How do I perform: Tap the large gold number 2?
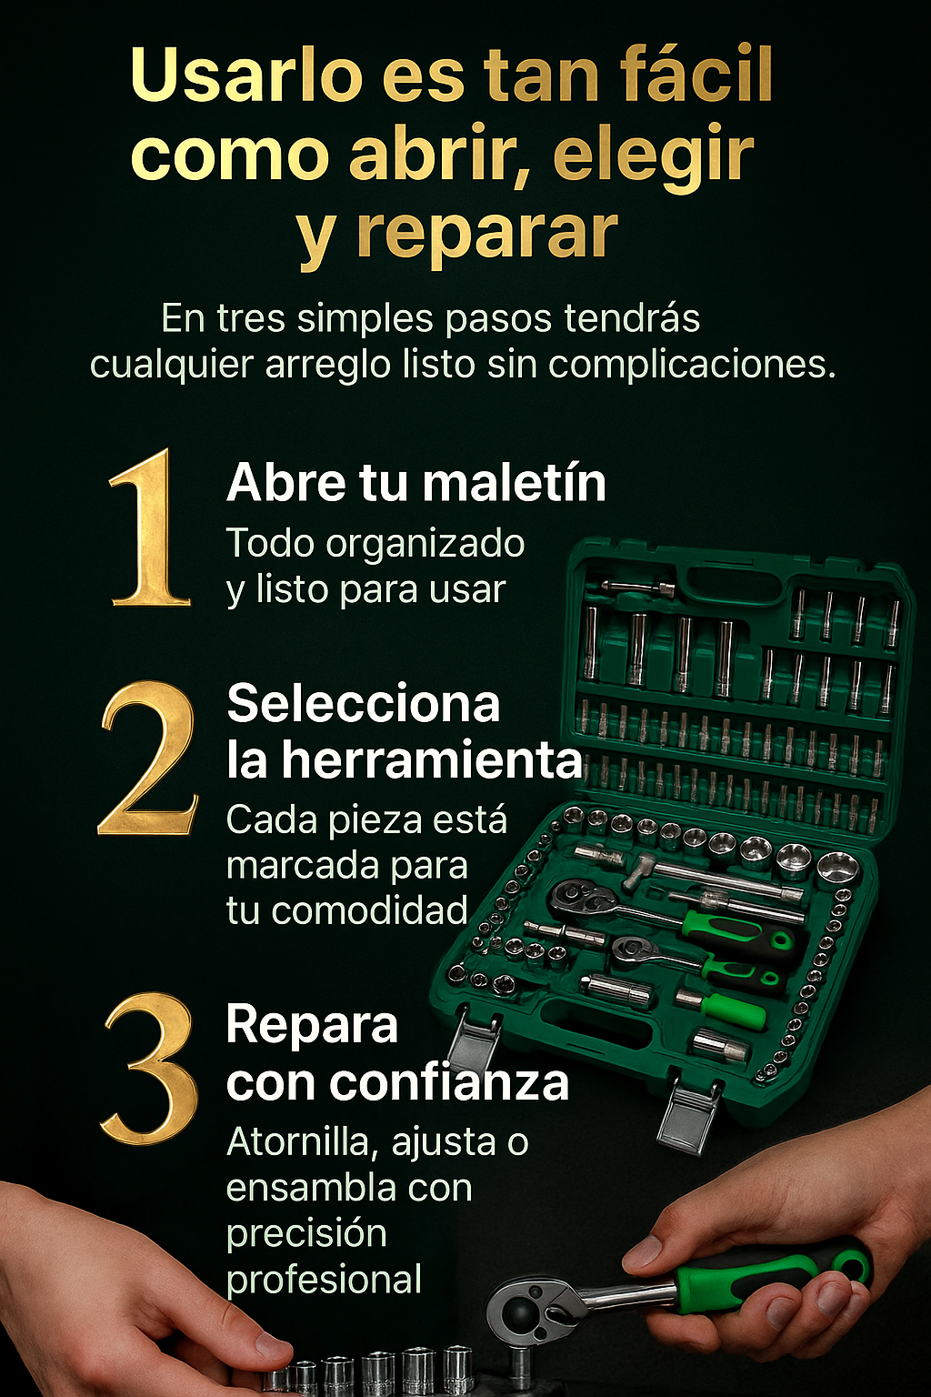point(148,758)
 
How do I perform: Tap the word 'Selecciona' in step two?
point(364,703)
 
